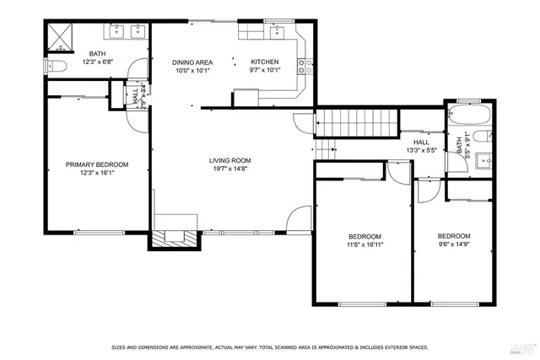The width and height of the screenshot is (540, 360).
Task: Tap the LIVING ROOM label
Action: click(230, 160)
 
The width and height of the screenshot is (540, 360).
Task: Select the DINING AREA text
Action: click(192, 62)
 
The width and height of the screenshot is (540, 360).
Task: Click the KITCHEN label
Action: click(264, 62)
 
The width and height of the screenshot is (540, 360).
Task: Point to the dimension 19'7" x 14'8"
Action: click(230, 169)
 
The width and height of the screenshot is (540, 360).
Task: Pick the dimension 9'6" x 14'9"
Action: click(453, 245)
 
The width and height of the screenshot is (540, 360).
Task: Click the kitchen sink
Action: click(278, 33)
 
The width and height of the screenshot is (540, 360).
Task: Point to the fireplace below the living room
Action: click(175, 237)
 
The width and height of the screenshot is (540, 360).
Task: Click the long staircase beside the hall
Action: click(355, 123)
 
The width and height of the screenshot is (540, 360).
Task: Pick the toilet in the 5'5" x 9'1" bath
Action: click(481, 137)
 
